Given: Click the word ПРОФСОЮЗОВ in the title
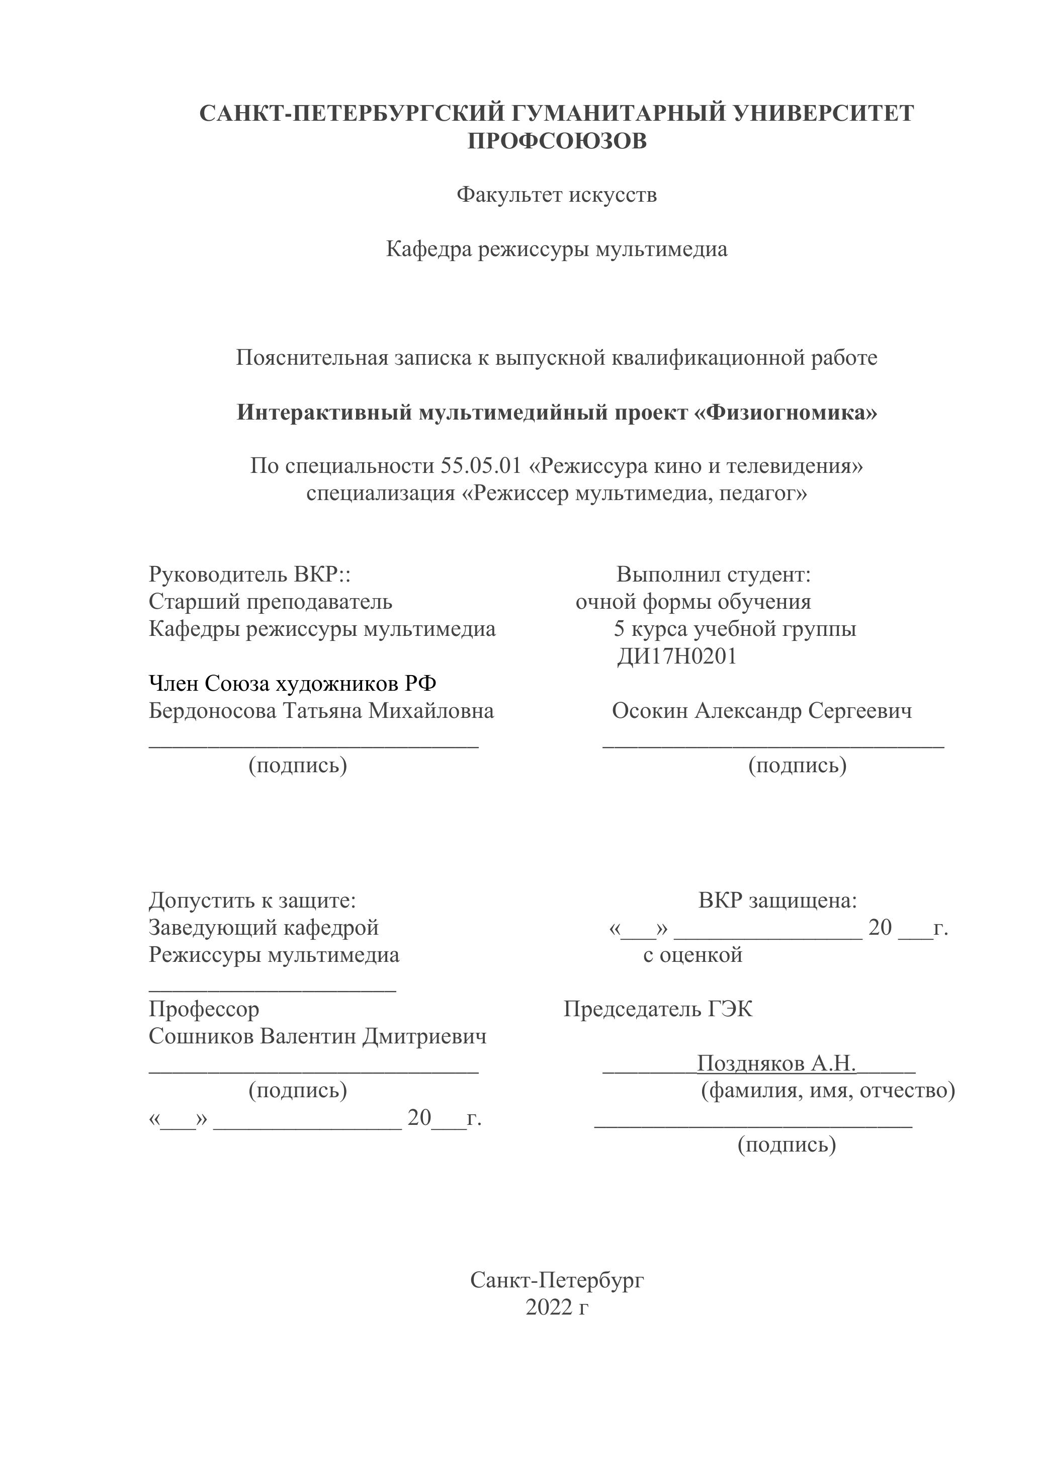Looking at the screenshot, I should click(x=557, y=141).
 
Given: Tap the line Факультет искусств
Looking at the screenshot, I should click(x=557, y=194).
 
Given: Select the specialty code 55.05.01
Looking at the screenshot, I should click(x=481, y=466).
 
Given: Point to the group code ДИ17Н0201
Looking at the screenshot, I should click(x=676, y=657).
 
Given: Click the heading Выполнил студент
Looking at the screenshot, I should click(x=714, y=575).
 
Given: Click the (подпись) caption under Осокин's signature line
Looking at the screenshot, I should click(x=797, y=765).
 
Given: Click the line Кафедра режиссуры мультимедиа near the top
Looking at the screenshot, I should click(x=557, y=249).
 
